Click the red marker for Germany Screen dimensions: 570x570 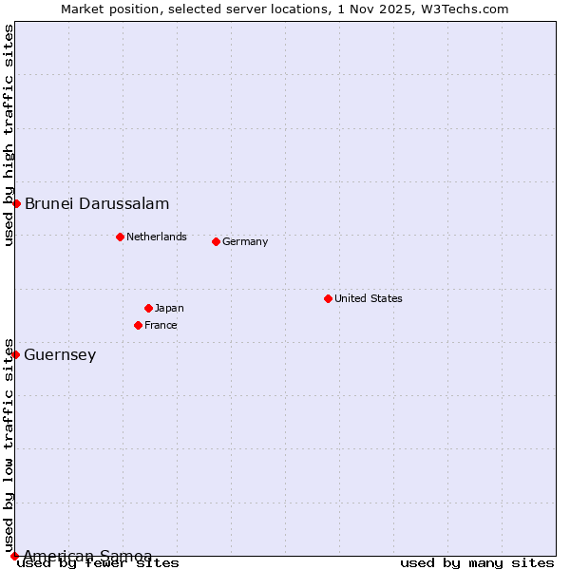coord(216,241)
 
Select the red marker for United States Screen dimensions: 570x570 coord(328,298)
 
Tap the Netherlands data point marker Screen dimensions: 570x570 coord(120,237)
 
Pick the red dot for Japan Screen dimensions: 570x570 coord(148,308)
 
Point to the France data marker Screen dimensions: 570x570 coord(138,325)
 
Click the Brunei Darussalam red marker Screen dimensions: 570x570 coord(16,203)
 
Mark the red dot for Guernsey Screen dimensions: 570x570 coord(15,354)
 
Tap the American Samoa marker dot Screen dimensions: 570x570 coord(14,556)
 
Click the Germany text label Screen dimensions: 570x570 coord(245,241)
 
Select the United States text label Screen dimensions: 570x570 coord(368,298)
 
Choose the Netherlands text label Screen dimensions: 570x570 coord(156,237)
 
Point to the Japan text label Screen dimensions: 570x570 coord(169,308)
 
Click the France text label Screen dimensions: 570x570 coord(161,325)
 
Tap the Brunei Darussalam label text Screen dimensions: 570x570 coord(97,203)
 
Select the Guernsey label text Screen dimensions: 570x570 coord(60,354)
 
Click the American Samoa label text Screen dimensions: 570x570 coord(87,555)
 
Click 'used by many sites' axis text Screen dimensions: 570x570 coord(477,562)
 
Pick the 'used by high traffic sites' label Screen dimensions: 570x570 coord(9,136)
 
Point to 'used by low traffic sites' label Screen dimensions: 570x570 coord(9,445)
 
